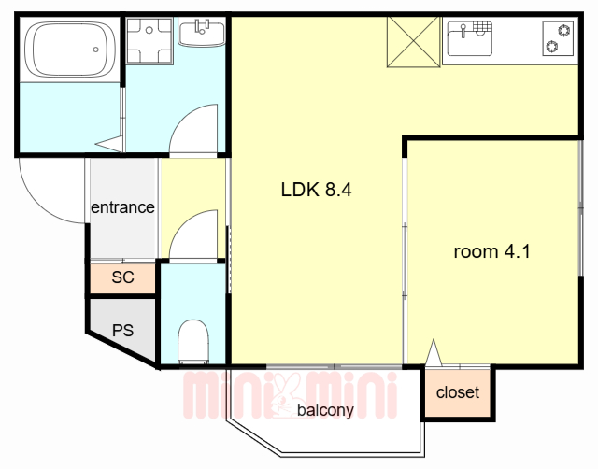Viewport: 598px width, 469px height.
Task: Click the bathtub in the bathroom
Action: (70, 50)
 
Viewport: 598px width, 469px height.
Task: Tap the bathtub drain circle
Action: (95, 50)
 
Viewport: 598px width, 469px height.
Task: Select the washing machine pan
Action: (149, 40)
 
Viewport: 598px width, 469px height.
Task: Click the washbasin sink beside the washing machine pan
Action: (202, 34)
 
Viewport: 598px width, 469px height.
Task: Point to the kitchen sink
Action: (470, 38)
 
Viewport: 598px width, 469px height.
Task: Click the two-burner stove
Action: (558, 38)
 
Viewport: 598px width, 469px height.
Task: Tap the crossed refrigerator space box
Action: (414, 41)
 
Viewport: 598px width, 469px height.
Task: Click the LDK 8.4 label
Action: (316, 190)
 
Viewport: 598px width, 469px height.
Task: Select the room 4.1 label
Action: (492, 251)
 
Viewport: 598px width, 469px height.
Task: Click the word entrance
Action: (122, 207)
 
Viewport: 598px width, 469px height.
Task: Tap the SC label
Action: (122, 277)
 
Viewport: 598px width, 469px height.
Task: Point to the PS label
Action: (122, 330)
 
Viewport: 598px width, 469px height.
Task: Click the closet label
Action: (458, 392)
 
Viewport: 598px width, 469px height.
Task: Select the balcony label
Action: (325, 410)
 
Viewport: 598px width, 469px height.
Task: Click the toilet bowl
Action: (193, 341)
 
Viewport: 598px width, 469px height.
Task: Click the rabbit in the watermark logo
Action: (283, 396)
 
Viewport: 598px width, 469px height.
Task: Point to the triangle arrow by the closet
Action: (434, 352)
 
